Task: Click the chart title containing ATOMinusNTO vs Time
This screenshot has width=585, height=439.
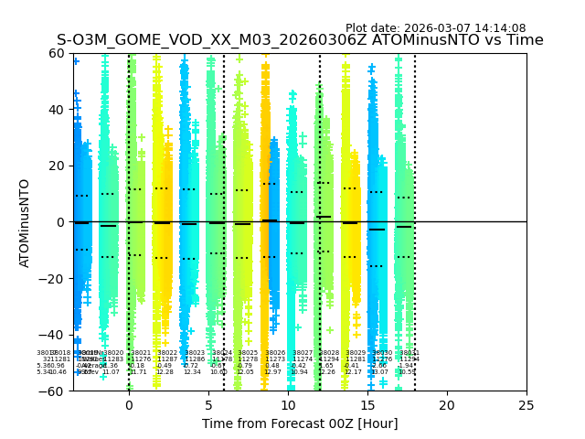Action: [x=300, y=40]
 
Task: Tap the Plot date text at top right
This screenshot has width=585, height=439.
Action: [x=435, y=28]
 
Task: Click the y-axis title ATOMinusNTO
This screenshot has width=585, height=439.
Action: [x=25, y=222]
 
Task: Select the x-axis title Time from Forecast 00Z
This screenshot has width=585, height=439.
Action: [x=300, y=423]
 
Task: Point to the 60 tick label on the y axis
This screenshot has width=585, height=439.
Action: [x=57, y=53]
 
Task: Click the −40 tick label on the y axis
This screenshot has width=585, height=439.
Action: [x=53, y=335]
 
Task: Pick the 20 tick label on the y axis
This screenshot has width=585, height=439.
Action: [x=57, y=166]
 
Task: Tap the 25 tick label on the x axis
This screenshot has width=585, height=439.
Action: [x=526, y=404]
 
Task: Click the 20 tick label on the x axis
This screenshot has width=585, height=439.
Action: [x=447, y=404]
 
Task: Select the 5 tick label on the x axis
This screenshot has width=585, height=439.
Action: [x=208, y=404]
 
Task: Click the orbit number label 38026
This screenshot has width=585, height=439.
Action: [x=275, y=353]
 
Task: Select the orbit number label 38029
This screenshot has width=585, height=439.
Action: [x=356, y=353]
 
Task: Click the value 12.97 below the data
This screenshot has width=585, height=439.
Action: [x=272, y=372]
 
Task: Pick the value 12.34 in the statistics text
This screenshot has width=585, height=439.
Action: [x=192, y=372]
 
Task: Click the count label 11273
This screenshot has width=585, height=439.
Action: [x=275, y=359]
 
